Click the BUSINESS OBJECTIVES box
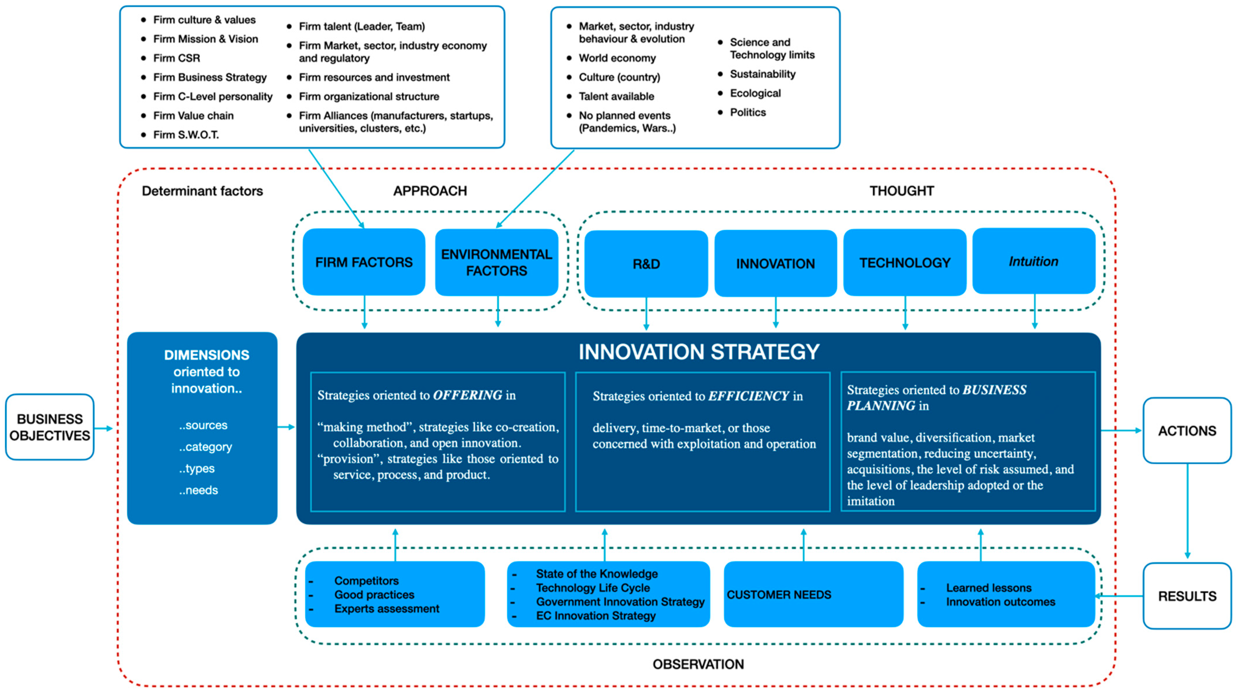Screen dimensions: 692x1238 (49, 427)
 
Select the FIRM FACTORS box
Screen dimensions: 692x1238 (364, 262)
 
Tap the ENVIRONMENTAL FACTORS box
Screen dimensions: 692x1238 (496, 262)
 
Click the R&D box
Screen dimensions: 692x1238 (646, 264)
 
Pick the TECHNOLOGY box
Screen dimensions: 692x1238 (905, 262)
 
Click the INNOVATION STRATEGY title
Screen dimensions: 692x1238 (698, 352)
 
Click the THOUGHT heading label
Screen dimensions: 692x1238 (902, 191)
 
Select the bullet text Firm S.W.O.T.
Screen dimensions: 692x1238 (186, 135)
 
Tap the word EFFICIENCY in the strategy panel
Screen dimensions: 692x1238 (748, 396)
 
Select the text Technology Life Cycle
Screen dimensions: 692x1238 (593, 588)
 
